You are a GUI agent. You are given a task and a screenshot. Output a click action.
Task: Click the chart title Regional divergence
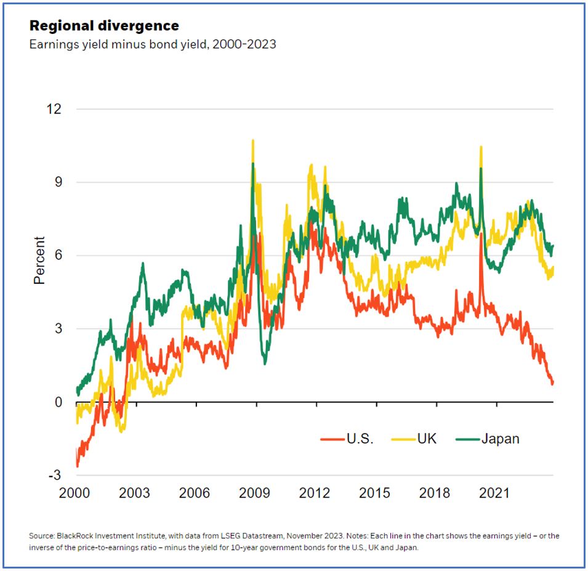(x=104, y=26)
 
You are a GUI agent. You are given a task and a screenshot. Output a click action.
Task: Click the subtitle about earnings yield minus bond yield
(x=153, y=45)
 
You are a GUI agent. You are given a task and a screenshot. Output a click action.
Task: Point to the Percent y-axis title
(x=39, y=261)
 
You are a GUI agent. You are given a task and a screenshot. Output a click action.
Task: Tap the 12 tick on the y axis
(x=54, y=109)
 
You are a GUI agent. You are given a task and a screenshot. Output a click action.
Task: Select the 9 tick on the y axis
(x=58, y=182)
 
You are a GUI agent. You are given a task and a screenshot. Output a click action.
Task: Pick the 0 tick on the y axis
(x=58, y=402)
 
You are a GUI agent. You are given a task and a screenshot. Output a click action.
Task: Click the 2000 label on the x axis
(x=76, y=493)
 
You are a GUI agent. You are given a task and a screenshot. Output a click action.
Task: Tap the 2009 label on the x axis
(x=255, y=493)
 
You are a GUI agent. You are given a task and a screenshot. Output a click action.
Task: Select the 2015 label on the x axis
(x=374, y=493)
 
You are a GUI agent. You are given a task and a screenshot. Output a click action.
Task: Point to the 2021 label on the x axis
(x=494, y=493)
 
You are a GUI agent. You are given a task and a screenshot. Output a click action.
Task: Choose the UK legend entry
(x=419, y=439)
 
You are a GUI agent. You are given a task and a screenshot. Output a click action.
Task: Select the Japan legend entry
(x=489, y=439)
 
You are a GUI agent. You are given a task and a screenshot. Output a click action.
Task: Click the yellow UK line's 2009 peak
(x=253, y=141)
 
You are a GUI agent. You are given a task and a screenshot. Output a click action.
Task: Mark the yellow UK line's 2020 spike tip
(x=481, y=147)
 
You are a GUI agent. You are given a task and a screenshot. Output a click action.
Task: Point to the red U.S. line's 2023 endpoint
(x=552, y=383)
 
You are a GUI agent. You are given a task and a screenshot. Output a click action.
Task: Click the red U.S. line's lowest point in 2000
(x=78, y=466)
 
